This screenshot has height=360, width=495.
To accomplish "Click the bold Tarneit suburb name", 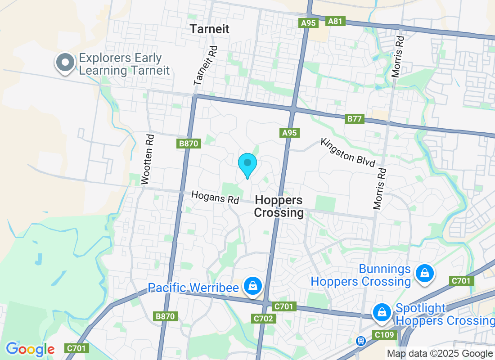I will (209, 29).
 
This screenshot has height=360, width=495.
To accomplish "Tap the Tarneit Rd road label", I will (206, 66).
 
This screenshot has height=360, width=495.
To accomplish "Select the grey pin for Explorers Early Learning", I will (66, 63).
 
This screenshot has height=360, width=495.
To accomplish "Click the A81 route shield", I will (335, 21).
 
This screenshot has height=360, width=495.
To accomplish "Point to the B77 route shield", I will (354, 119).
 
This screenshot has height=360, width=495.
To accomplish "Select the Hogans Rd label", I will (215, 198).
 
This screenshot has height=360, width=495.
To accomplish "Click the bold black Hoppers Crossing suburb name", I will (279, 207).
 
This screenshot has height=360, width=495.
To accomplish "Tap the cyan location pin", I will (247, 165).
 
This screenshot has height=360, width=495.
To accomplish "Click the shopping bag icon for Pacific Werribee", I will (253, 285).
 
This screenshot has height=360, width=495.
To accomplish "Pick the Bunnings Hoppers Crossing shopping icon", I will (424, 273).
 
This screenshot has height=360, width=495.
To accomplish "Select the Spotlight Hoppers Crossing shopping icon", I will (382, 312).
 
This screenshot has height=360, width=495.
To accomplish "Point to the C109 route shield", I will (384, 335).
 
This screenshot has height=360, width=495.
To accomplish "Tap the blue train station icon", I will (360, 341).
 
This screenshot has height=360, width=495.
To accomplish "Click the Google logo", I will (30, 349).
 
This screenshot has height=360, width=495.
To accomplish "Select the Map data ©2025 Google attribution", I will (440, 354).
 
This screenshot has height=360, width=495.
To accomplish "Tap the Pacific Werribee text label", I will (193, 288).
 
